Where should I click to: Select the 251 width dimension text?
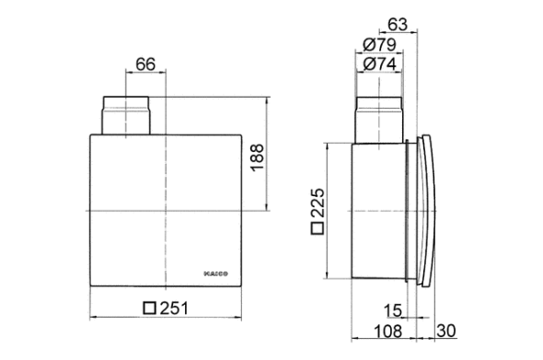click(172, 308)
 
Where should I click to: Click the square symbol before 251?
click(148, 308)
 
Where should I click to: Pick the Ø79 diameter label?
click(381, 44)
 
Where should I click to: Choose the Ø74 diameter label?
click(381, 64)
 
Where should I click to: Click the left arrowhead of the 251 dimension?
click(93, 319)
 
